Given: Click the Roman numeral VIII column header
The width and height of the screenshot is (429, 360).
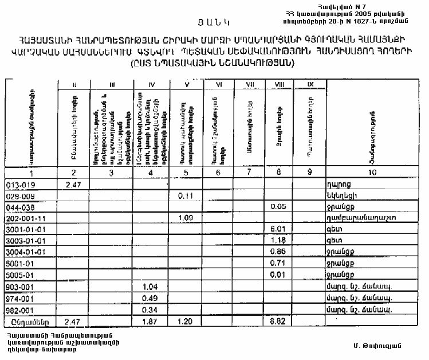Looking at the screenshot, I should pos(280,85).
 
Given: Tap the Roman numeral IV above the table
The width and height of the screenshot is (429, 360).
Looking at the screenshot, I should pos(152,85).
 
